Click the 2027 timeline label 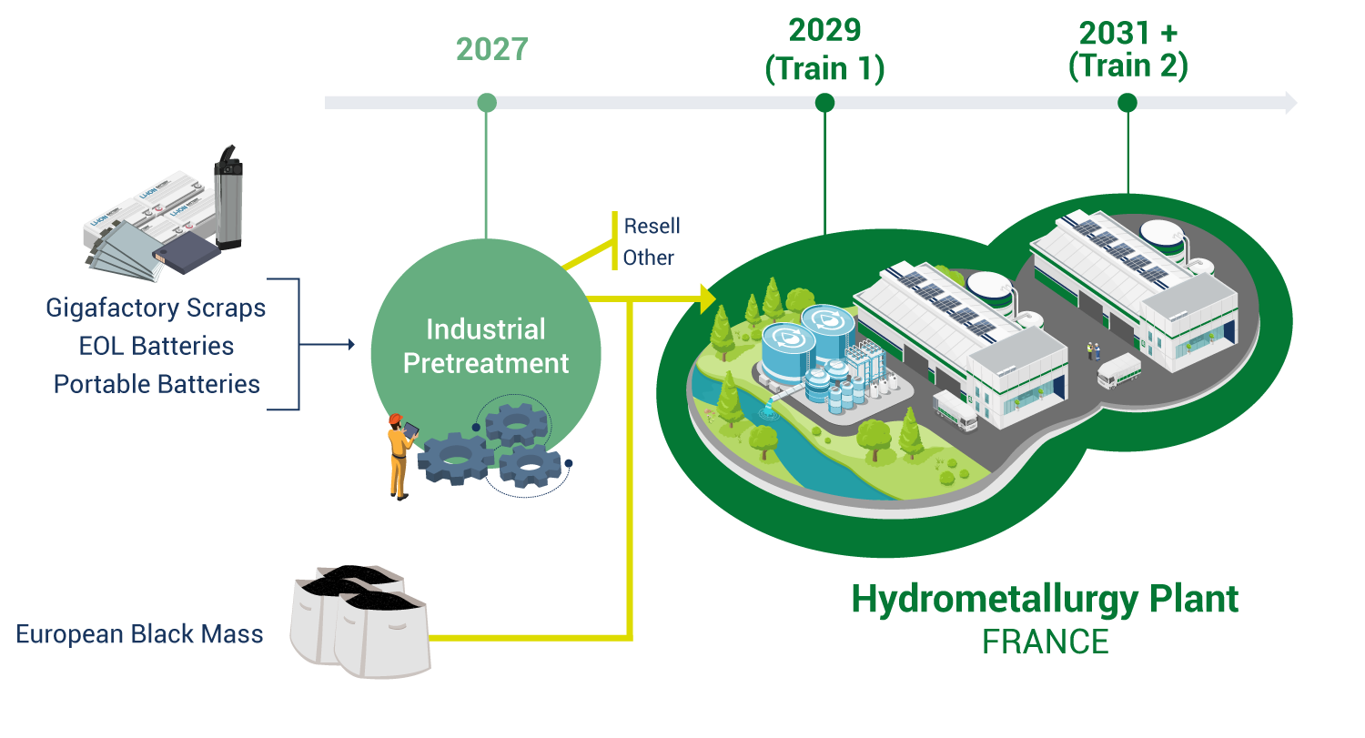click(x=491, y=49)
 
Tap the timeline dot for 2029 click(x=824, y=103)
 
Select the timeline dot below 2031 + click(x=1127, y=103)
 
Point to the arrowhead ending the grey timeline click(x=1289, y=103)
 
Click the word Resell click(x=652, y=226)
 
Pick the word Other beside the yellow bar click(x=649, y=258)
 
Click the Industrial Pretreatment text click(x=486, y=346)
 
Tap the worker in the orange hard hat click(x=399, y=455)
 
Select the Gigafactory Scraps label click(x=156, y=308)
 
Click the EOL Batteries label click(x=156, y=346)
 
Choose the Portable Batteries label click(x=157, y=384)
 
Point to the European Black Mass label click(x=139, y=634)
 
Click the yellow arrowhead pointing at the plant click(x=707, y=298)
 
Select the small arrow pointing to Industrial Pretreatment click(x=349, y=345)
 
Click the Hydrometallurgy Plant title click(x=1045, y=599)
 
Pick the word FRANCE click(x=1045, y=642)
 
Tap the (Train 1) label click(x=824, y=69)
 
